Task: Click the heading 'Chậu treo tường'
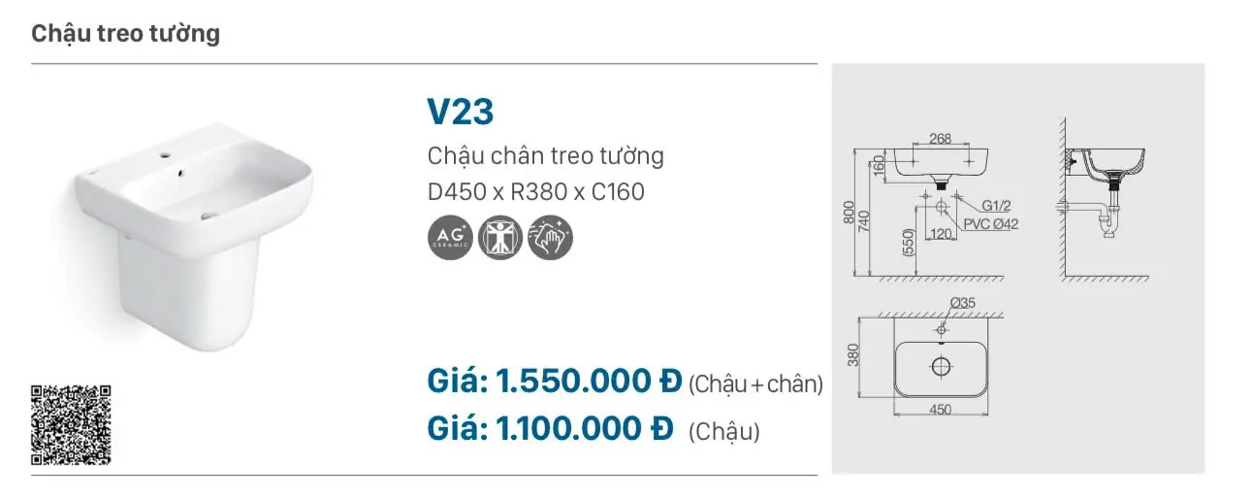(x=126, y=34)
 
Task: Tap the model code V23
(x=461, y=112)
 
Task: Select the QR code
(x=71, y=425)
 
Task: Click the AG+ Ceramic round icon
(x=451, y=238)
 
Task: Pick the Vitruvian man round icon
(x=500, y=238)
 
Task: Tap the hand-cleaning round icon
(x=550, y=238)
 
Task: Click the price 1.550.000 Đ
(x=589, y=382)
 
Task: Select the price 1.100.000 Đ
(x=584, y=429)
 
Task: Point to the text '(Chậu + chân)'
(x=755, y=384)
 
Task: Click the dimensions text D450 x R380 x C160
(x=536, y=192)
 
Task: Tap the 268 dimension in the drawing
(x=941, y=138)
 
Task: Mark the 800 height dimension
(x=849, y=213)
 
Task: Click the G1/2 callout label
(x=996, y=206)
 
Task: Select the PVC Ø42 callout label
(x=991, y=224)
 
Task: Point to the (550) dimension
(x=909, y=242)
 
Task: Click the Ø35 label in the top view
(x=963, y=303)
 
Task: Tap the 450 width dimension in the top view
(x=941, y=410)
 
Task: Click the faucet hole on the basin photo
(x=166, y=155)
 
